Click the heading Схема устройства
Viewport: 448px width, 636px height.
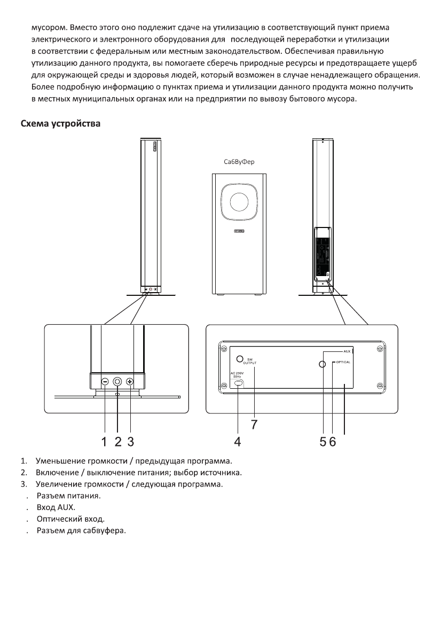click(x=60, y=124)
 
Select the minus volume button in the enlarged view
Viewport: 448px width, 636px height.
click(x=105, y=382)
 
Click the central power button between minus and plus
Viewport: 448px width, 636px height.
click(x=117, y=382)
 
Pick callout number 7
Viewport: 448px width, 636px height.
click(x=254, y=424)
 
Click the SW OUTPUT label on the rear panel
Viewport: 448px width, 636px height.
click(x=251, y=362)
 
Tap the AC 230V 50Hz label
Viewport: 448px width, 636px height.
click(x=238, y=375)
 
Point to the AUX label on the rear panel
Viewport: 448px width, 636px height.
click(x=347, y=352)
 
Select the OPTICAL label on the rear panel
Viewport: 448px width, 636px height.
click(x=343, y=363)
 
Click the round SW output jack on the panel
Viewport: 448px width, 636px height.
click(x=241, y=359)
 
